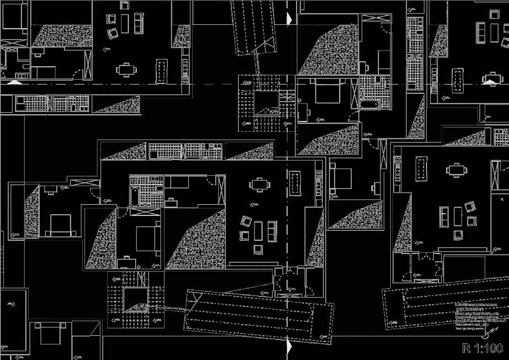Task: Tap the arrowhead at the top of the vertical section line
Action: tap(289, 18)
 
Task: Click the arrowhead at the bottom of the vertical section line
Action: tap(289, 347)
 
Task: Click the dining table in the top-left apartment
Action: tap(127, 70)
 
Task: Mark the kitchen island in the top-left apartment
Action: tap(162, 71)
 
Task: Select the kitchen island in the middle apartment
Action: tap(296, 183)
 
